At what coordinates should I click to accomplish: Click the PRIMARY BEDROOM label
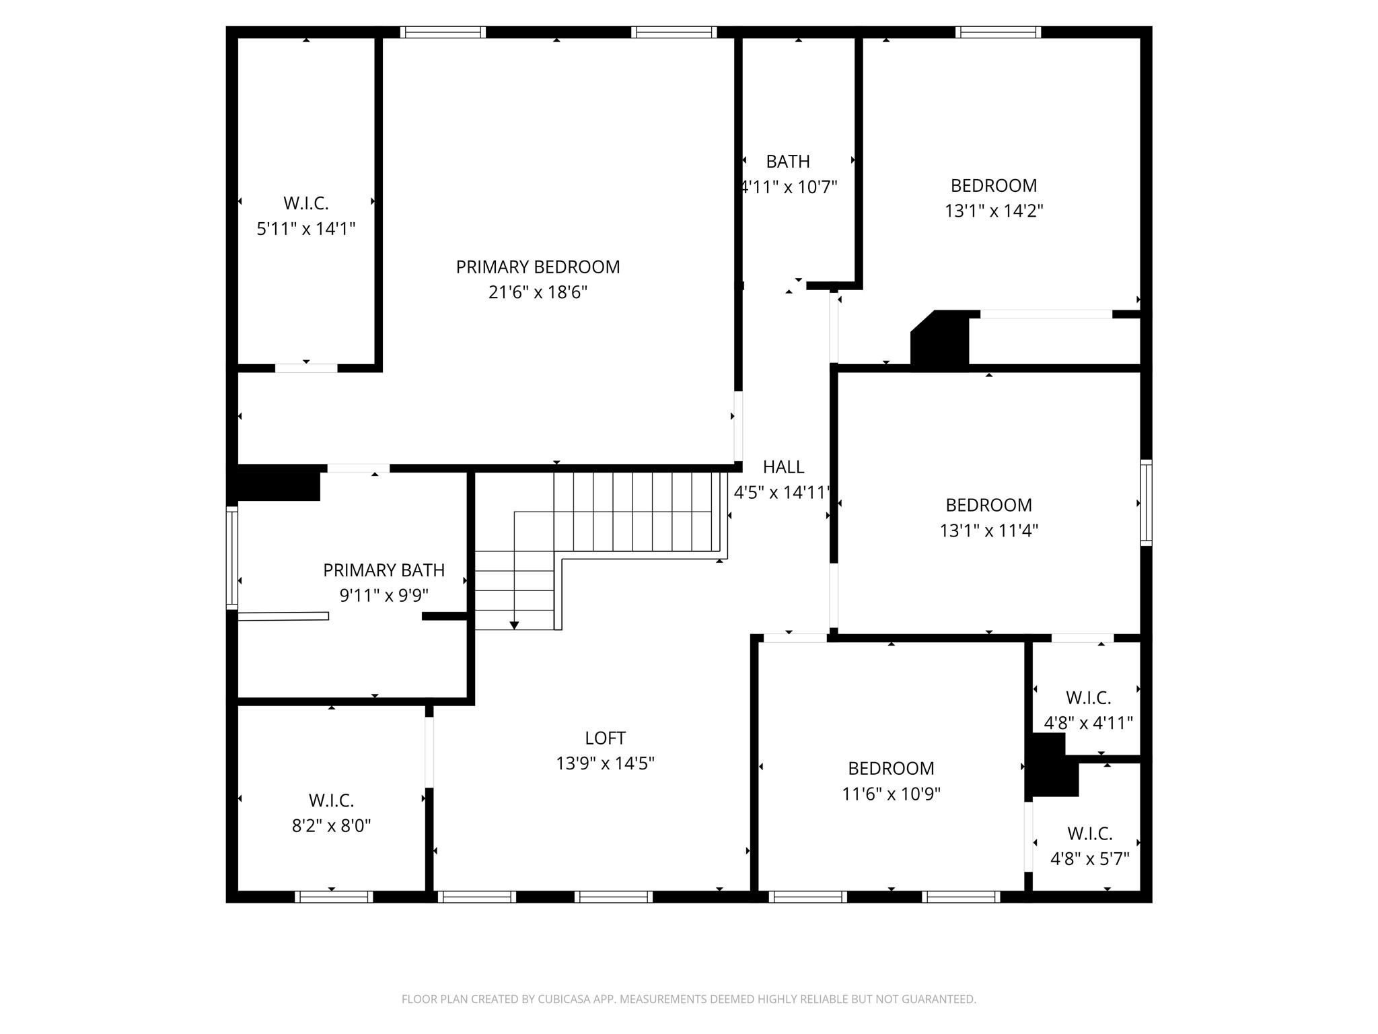tap(538, 267)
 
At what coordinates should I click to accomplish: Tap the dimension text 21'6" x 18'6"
tap(538, 293)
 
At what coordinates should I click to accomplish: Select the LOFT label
tap(605, 738)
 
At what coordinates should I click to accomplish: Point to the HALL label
tap(783, 467)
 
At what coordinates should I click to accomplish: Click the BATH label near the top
tap(788, 162)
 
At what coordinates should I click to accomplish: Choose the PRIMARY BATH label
tap(384, 571)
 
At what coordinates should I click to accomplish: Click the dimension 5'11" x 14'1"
tap(305, 229)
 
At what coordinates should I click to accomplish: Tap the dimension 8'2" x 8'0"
tap(331, 826)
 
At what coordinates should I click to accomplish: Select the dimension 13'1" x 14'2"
tap(993, 211)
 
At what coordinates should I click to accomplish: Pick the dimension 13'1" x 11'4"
tap(988, 531)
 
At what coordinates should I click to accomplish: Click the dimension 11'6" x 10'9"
tap(891, 794)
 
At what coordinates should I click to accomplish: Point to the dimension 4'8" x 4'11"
tap(1088, 724)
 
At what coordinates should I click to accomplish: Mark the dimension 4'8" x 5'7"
tap(1089, 860)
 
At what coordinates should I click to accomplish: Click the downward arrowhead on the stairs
tap(514, 625)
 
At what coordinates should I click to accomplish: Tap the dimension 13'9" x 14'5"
tap(605, 764)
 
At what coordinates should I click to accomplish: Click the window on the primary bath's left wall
tap(231, 557)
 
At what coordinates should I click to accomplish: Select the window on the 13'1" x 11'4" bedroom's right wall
tap(1146, 503)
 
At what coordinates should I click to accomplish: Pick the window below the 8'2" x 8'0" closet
tap(334, 897)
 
